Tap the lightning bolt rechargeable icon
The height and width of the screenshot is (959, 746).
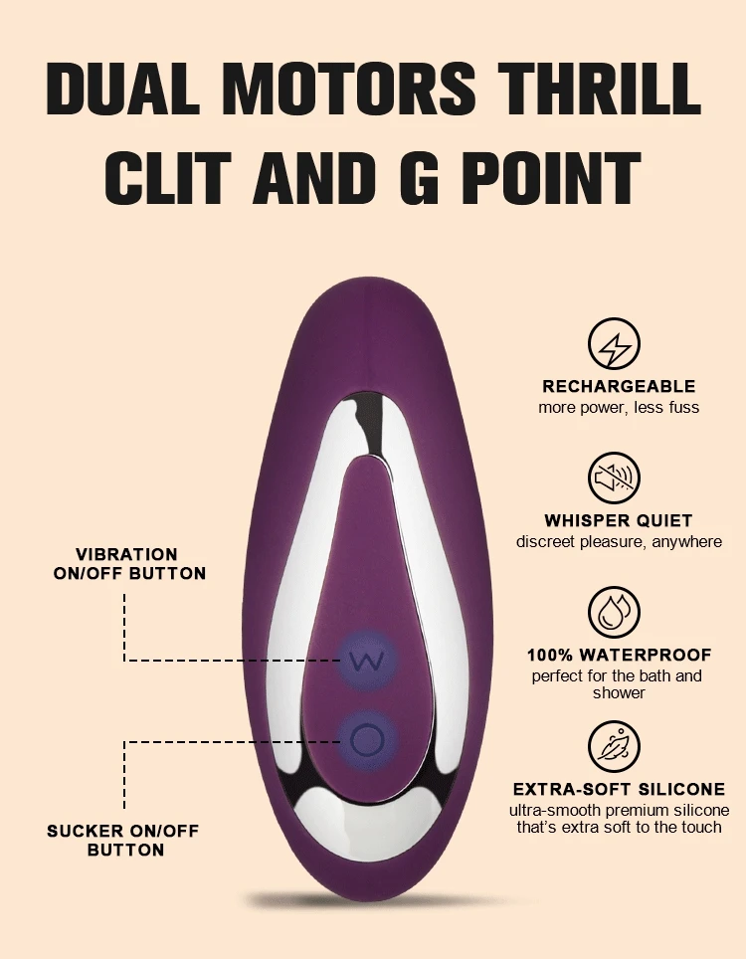tap(615, 345)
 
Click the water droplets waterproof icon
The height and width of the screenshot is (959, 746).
tap(615, 613)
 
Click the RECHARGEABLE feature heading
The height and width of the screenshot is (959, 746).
tap(619, 386)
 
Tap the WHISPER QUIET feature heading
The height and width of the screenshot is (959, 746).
tap(619, 520)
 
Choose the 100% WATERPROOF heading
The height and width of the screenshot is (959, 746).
tap(619, 655)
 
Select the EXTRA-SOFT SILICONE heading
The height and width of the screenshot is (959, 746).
tap(619, 789)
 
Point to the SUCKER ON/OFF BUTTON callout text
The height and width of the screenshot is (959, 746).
tap(124, 840)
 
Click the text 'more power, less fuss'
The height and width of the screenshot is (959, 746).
tap(619, 408)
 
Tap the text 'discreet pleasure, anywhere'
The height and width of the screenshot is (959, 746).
tap(619, 542)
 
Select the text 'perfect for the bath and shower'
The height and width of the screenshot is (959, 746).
tap(619, 684)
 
